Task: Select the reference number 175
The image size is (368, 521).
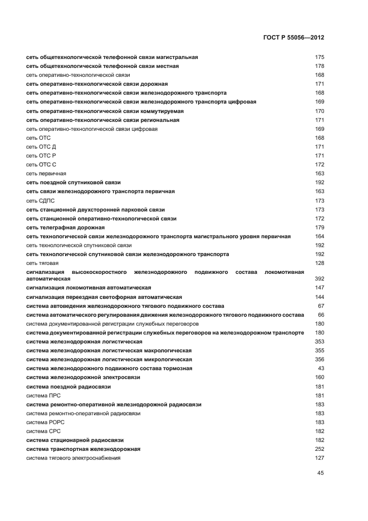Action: click(x=319, y=57)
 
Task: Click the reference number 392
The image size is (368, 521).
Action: click(x=319, y=278)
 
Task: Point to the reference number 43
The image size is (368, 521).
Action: click(x=321, y=368)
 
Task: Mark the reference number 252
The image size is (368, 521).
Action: click(x=319, y=449)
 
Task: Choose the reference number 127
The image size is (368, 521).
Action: click(x=319, y=458)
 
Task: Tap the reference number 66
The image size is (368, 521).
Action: click(x=321, y=314)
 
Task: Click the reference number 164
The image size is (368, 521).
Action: click(x=319, y=236)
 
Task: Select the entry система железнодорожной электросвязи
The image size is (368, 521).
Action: click(x=83, y=377)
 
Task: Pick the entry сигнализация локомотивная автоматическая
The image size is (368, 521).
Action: click(x=89, y=287)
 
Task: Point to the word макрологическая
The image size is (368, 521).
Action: click(x=164, y=350)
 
